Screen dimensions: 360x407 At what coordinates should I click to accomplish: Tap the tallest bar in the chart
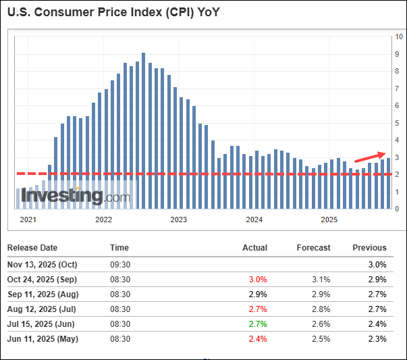(143, 128)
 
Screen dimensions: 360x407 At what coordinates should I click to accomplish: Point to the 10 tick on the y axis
(399, 37)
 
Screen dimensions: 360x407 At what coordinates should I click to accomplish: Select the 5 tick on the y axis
(398, 123)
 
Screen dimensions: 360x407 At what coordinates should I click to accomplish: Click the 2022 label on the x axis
(103, 220)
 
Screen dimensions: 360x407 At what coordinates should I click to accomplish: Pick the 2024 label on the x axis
(254, 220)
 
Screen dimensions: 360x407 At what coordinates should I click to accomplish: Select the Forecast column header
(313, 248)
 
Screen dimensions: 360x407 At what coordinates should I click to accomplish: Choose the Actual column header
(254, 248)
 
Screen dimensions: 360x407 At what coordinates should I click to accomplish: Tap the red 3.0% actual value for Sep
(257, 280)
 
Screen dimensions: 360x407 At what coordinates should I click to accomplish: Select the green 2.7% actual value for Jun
(257, 324)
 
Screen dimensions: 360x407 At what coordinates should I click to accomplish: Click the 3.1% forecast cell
(320, 280)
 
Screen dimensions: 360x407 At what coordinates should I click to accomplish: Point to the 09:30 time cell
(120, 265)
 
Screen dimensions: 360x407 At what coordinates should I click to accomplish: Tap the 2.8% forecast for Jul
(320, 309)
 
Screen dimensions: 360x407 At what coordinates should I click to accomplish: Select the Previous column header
(369, 248)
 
